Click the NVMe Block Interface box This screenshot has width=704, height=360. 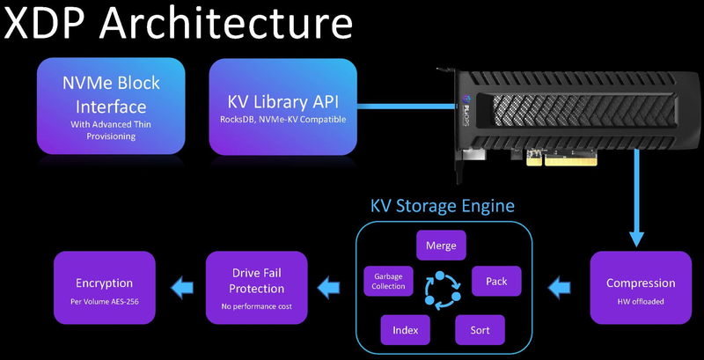point(110,107)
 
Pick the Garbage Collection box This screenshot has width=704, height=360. point(388,281)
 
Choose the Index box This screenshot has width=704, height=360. point(406,330)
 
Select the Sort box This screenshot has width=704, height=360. point(480,330)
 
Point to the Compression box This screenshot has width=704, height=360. point(640,288)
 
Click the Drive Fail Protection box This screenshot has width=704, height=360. point(257,288)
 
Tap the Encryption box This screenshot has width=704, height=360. point(104,288)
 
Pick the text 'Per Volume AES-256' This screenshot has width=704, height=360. point(104,300)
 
